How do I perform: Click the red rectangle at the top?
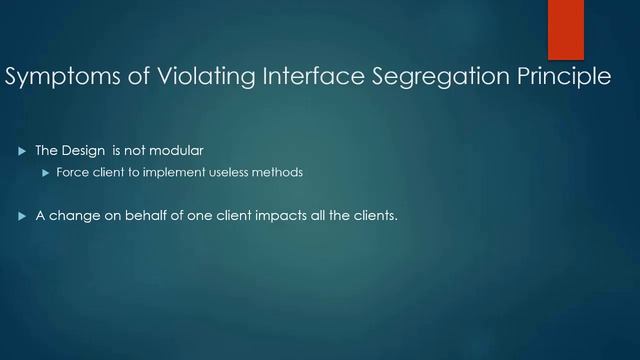tap(566, 29)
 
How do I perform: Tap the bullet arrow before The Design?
tap(22, 151)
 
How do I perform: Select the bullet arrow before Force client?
tap(45, 173)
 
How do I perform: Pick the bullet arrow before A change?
tap(22, 215)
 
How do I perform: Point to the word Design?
tap(83, 151)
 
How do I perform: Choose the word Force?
tap(71, 173)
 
